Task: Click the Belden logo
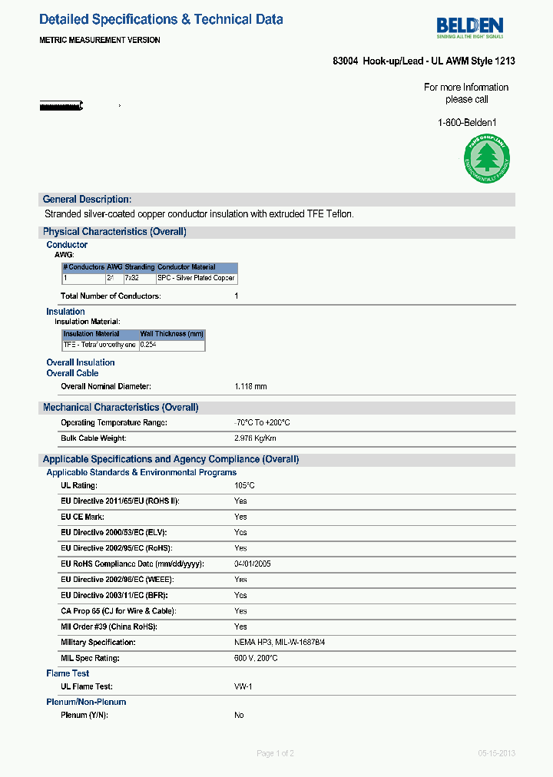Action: click(x=469, y=27)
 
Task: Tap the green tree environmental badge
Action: click(x=485, y=159)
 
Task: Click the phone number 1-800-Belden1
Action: click(x=467, y=123)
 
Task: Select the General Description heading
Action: click(x=87, y=199)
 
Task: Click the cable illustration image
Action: click(x=61, y=105)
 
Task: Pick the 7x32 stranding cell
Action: click(x=131, y=278)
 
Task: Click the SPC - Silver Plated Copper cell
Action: click(x=196, y=278)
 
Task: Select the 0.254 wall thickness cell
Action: click(x=149, y=346)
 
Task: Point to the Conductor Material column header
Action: click(x=187, y=267)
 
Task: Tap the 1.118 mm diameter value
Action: click(x=250, y=386)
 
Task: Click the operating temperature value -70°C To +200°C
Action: click(x=262, y=423)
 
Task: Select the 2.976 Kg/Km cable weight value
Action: click(x=255, y=438)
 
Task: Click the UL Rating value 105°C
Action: click(x=244, y=485)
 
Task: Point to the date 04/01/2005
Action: click(x=252, y=564)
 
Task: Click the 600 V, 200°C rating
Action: click(x=256, y=658)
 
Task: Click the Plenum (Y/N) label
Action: click(x=84, y=715)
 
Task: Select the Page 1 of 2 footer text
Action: click(x=275, y=753)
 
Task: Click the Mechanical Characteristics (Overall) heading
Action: click(x=121, y=407)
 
